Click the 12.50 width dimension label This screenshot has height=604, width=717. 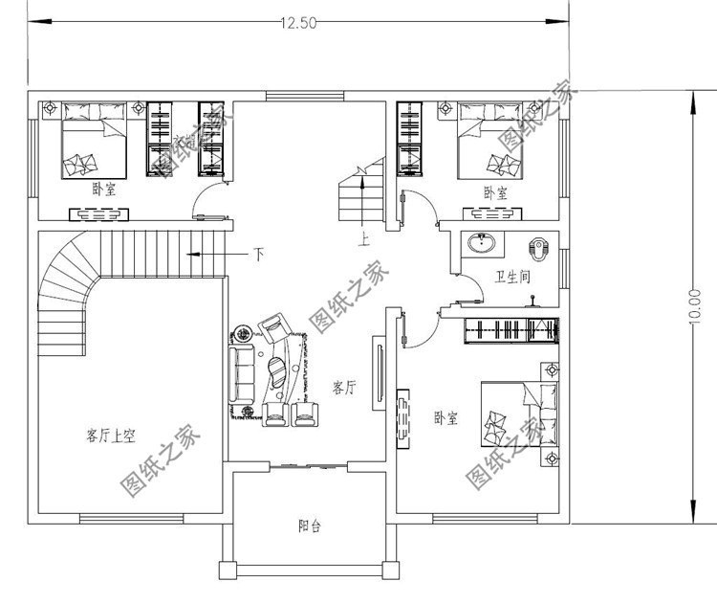298,23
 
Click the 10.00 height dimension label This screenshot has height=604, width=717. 694,307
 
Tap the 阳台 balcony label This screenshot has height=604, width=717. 310,526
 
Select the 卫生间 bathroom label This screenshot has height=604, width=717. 512,277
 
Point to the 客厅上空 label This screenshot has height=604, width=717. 111,435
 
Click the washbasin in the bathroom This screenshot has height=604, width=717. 481,243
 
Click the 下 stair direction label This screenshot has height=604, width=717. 259,255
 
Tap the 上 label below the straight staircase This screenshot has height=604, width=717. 363,239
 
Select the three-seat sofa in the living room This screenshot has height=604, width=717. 242,374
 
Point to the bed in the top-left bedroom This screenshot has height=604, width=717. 94,141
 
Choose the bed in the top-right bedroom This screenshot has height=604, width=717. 490,141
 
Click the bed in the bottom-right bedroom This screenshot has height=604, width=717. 519,414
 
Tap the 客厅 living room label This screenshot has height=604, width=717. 344,388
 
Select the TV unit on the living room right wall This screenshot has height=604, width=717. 380,373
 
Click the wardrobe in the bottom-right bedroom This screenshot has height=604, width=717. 511,329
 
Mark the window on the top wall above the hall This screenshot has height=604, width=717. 305,96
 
